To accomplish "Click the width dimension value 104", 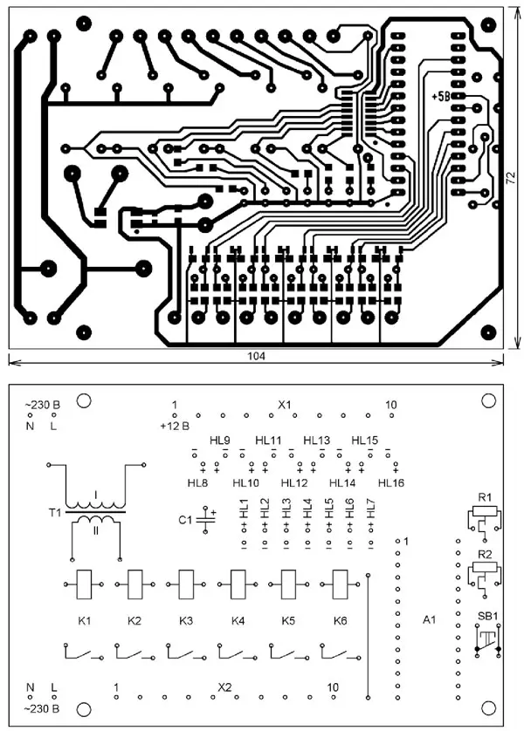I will point(256,357).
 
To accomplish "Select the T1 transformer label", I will point(55,514).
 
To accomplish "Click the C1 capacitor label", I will point(184,520).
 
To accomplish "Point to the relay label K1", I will point(85,621).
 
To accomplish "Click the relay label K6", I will point(339,621).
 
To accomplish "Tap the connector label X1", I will point(284,406).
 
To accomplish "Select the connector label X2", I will point(224,687).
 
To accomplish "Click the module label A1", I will point(428,620).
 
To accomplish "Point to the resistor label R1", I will point(485,497).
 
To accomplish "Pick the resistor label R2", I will point(485,554).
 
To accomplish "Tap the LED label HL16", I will point(390,482).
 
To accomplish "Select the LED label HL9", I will point(220,441).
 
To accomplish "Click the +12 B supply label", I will point(175,426).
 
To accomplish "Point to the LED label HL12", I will point(294,482).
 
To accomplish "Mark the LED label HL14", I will point(341,482).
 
